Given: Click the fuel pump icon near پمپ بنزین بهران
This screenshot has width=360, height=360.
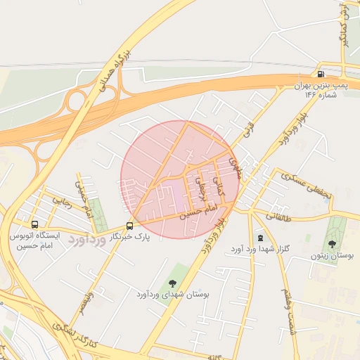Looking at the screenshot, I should pyautogui.click(x=321, y=74).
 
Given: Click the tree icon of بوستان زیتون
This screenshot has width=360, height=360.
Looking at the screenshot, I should pyautogui.click(x=332, y=244).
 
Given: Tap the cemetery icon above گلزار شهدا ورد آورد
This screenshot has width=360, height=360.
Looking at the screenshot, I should pyautogui.click(x=262, y=239).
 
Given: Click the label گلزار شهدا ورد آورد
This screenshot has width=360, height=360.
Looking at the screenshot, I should pyautogui.click(x=256, y=250).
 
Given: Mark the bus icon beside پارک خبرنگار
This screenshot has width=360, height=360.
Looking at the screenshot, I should pyautogui.click(x=129, y=226).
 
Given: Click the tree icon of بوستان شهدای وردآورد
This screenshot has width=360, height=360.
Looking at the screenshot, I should pyautogui.click(x=173, y=283).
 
